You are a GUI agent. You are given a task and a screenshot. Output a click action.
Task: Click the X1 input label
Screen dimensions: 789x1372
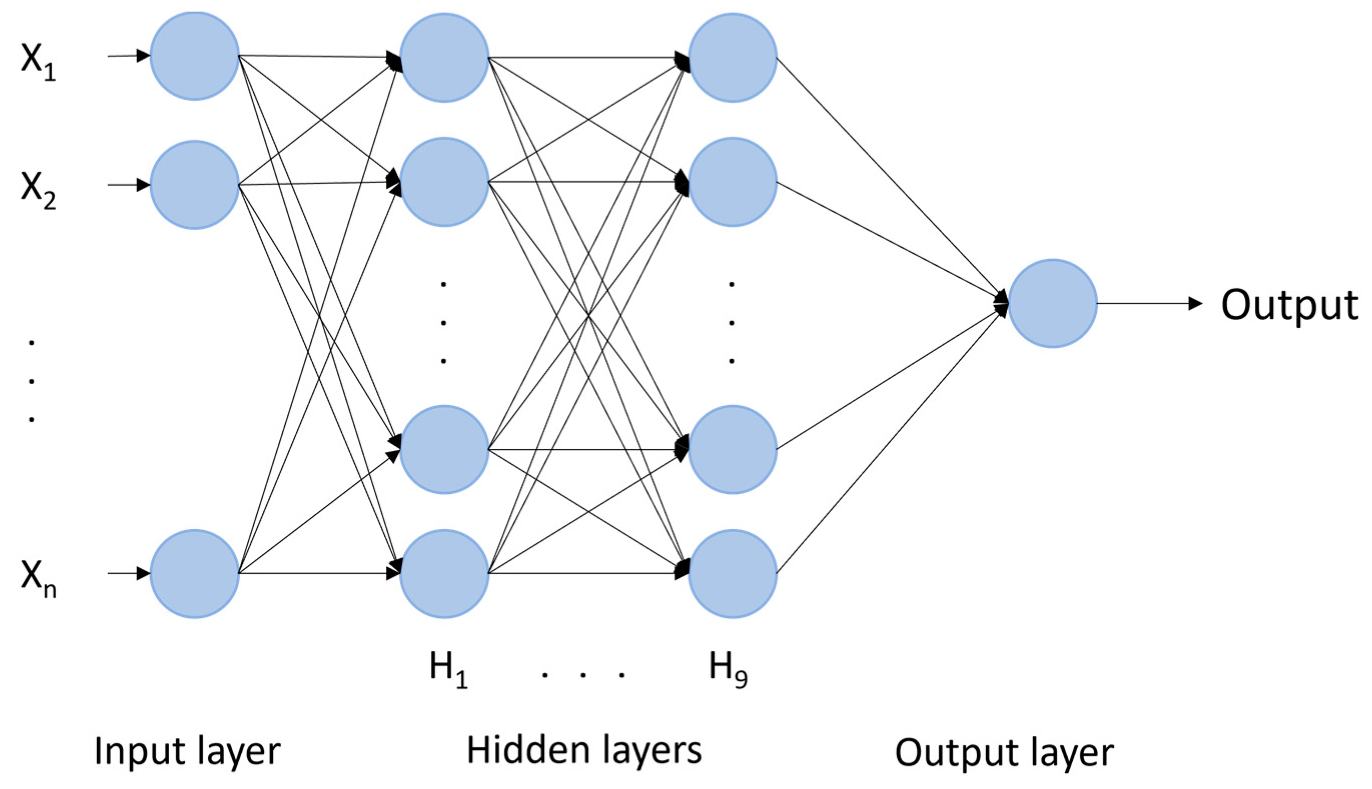[x=38, y=61]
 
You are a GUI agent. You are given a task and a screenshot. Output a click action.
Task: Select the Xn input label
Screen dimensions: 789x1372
[x=38, y=579]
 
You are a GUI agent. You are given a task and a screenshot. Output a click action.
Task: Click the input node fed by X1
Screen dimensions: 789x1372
[x=194, y=56]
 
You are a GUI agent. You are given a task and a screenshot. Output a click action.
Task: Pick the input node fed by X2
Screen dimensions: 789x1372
[x=194, y=185]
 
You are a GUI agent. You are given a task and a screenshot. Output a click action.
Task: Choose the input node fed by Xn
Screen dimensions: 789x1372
[x=194, y=573]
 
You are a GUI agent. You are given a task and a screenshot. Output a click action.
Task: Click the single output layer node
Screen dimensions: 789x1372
[x=1052, y=304]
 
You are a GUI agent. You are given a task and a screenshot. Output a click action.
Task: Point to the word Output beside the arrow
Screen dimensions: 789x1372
[x=1289, y=305]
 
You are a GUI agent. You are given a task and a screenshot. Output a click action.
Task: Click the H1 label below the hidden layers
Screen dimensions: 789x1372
[x=448, y=670]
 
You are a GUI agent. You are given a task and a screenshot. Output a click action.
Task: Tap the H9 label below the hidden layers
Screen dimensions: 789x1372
[x=728, y=670]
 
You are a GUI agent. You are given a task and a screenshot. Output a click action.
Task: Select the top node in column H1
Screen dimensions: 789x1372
[x=444, y=58]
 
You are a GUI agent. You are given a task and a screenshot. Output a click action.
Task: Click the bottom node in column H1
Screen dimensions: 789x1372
[x=444, y=573]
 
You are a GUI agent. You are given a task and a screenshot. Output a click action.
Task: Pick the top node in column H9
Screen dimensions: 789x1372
[x=732, y=58]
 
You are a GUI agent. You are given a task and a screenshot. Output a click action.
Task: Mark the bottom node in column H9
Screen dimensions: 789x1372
[x=732, y=573]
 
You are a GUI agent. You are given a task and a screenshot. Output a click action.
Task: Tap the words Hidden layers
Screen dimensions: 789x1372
[x=584, y=751]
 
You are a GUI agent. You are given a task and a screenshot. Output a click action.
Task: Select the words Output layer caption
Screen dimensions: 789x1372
[x=1004, y=752]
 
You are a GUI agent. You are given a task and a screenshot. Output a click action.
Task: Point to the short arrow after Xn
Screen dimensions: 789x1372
[x=129, y=573]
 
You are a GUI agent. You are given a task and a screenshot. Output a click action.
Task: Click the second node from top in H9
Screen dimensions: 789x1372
[x=732, y=182]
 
